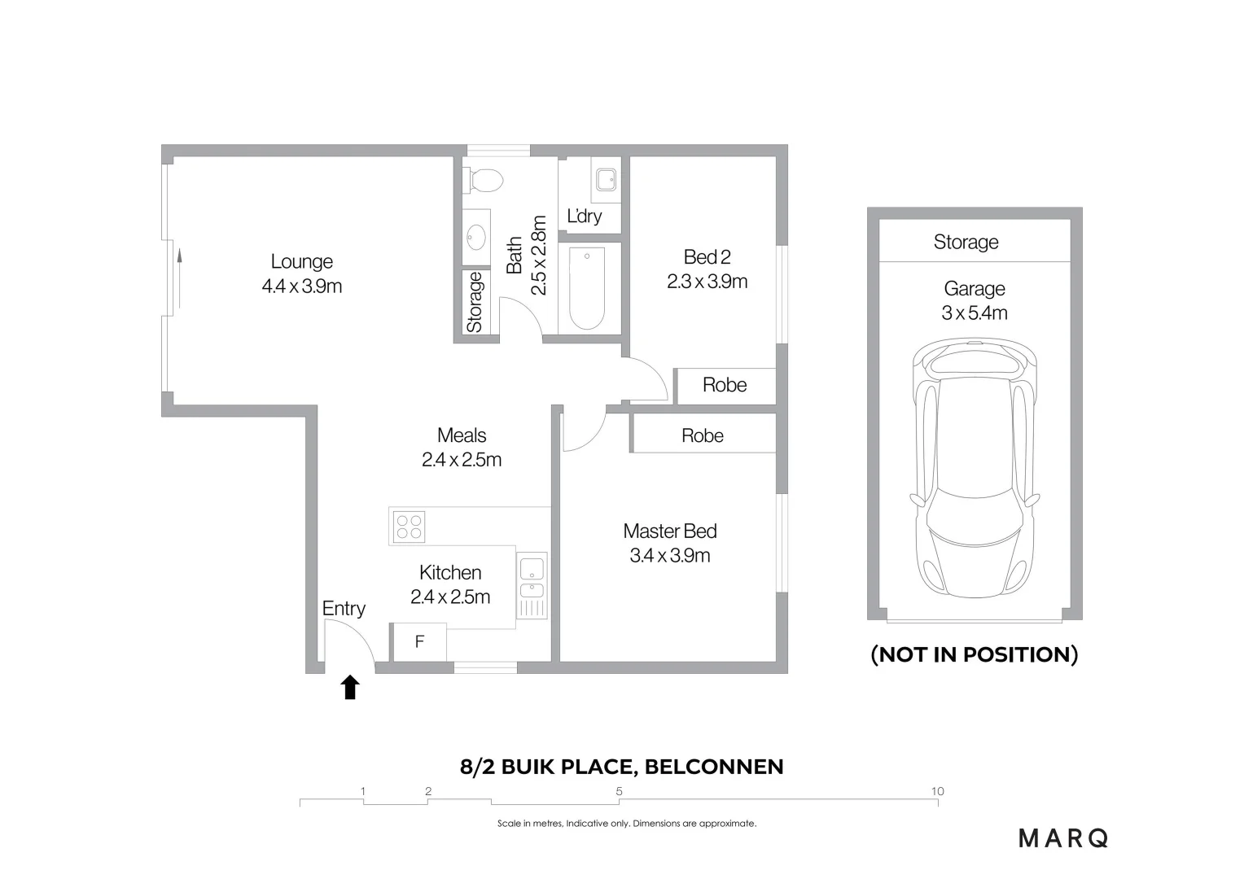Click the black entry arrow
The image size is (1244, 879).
350,687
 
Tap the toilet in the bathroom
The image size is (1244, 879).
483,181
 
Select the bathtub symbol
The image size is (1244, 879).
586,289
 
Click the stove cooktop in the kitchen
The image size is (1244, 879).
410,527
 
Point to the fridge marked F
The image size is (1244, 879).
419,642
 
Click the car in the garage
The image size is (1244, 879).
975,469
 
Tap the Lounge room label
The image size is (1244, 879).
301,261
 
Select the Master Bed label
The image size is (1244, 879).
670,531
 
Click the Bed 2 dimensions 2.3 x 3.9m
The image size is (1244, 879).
707,282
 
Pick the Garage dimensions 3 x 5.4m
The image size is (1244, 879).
974,313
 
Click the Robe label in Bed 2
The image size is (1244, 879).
725,384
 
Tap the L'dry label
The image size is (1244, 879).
585,216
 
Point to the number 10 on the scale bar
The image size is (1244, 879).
937,791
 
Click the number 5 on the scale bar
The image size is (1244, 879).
620,791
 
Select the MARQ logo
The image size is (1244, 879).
1063,838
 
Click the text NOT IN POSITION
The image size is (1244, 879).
974,654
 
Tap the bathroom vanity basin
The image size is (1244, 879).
476,238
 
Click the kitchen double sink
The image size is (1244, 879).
532,577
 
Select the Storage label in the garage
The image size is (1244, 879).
966,242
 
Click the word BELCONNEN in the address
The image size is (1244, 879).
714,767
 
